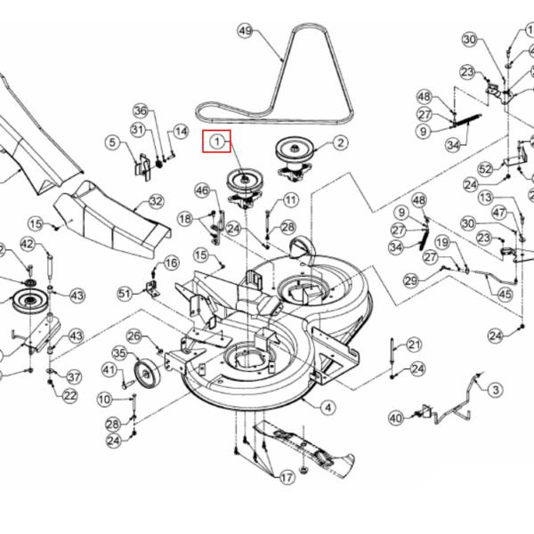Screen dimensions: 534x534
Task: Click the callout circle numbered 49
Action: coord(246,30)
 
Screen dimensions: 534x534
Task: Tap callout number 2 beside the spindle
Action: coord(341,142)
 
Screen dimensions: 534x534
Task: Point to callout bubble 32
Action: coord(156,202)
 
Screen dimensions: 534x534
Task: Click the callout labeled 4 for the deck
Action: coord(329,408)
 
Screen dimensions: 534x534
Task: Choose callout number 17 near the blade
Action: coord(287,478)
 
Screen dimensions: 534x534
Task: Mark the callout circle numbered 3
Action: coord(495,389)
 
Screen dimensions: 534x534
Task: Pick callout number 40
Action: coord(397,416)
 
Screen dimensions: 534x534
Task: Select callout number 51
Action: coord(125,292)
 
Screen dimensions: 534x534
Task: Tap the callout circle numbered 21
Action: coord(415,345)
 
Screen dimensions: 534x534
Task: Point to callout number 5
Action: coord(112,142)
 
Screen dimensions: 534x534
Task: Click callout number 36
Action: coord(140,110)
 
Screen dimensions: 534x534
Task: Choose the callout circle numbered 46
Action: coord(202,190)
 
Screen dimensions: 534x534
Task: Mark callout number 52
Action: coord(485,168)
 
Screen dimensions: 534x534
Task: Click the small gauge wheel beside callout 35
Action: coord(143,374)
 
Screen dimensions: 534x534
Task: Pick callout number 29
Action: coord(411,280)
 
